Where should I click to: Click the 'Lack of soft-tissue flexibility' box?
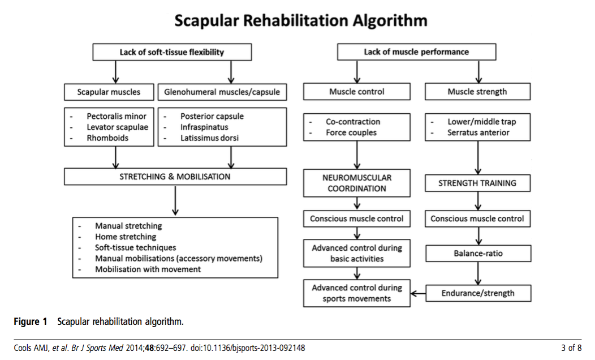coord(171,52)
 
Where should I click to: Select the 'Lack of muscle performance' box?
coord(416,52)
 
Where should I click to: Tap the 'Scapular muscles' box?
coord(109,92)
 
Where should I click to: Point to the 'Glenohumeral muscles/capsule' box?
coord(222,92)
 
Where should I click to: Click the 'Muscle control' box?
coord(356,92)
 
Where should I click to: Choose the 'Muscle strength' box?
coord(477,92)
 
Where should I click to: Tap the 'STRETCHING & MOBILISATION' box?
coord(175,177)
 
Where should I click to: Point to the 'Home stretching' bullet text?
coord(126,237)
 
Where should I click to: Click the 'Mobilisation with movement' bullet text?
coord(148,269)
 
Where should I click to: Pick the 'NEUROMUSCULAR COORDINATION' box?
coord(356,183)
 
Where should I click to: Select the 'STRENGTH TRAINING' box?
coord(477,183)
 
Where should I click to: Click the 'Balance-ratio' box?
coord(478,254)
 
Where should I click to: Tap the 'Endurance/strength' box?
coord(478,293)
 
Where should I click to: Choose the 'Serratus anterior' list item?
coord(478,132)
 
